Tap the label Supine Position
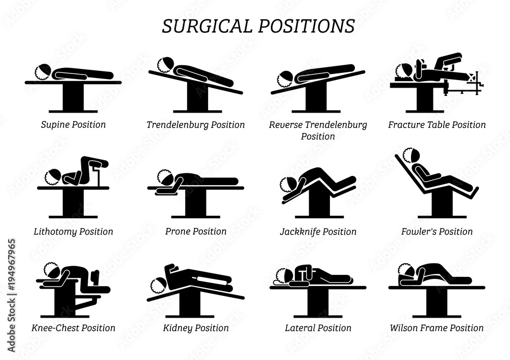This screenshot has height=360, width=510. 73,124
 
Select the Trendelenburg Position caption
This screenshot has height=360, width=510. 195,124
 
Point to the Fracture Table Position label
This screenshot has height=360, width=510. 437,124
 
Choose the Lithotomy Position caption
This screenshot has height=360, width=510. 73,232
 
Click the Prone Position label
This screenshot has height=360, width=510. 195,232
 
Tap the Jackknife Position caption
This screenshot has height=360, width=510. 318,232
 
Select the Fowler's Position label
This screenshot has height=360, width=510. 437,232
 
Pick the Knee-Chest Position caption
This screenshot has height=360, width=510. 73,328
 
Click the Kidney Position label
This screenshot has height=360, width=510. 195,328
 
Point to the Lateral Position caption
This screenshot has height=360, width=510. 318,328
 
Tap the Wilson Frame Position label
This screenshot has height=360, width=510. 437,328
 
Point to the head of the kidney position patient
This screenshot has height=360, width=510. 160,284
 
